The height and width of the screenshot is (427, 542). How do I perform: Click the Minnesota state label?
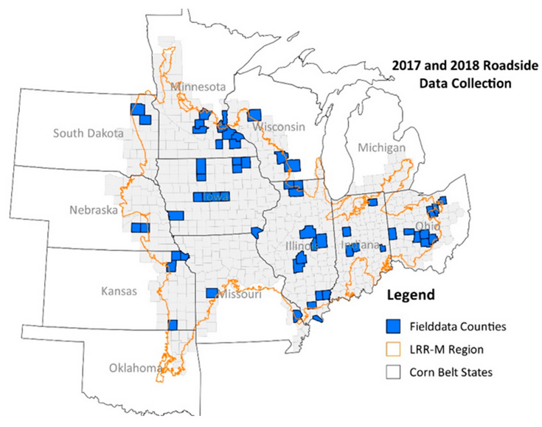click(x=197, y=87)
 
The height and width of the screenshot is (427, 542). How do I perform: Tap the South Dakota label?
click(x=88, y=133)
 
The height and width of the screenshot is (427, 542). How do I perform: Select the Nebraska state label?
click(x=94, y=210)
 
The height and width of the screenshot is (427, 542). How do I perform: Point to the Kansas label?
click(x=119, y=291)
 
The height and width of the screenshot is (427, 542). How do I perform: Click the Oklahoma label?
click(x=137, y=367)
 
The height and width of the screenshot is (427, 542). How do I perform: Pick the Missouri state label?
click(x=240, y=295)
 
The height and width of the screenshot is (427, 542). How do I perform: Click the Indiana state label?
click(x=361, y=245)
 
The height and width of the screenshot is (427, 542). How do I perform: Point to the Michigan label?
click(x=381, y=148)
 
